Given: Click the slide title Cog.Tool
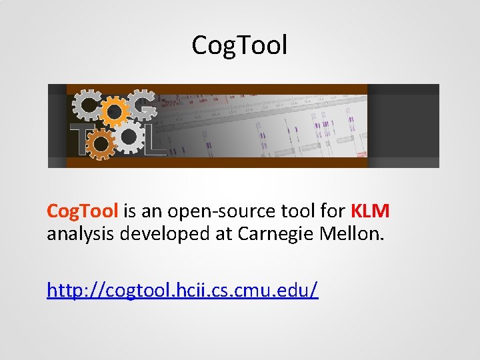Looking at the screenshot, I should tap(239, 45).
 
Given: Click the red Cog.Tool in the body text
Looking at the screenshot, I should tap(82, 211).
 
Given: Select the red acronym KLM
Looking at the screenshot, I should tap(370, 211).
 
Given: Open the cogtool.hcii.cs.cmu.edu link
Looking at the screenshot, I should tap(183, 289).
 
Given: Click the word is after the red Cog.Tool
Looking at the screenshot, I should tap(130, 211).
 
